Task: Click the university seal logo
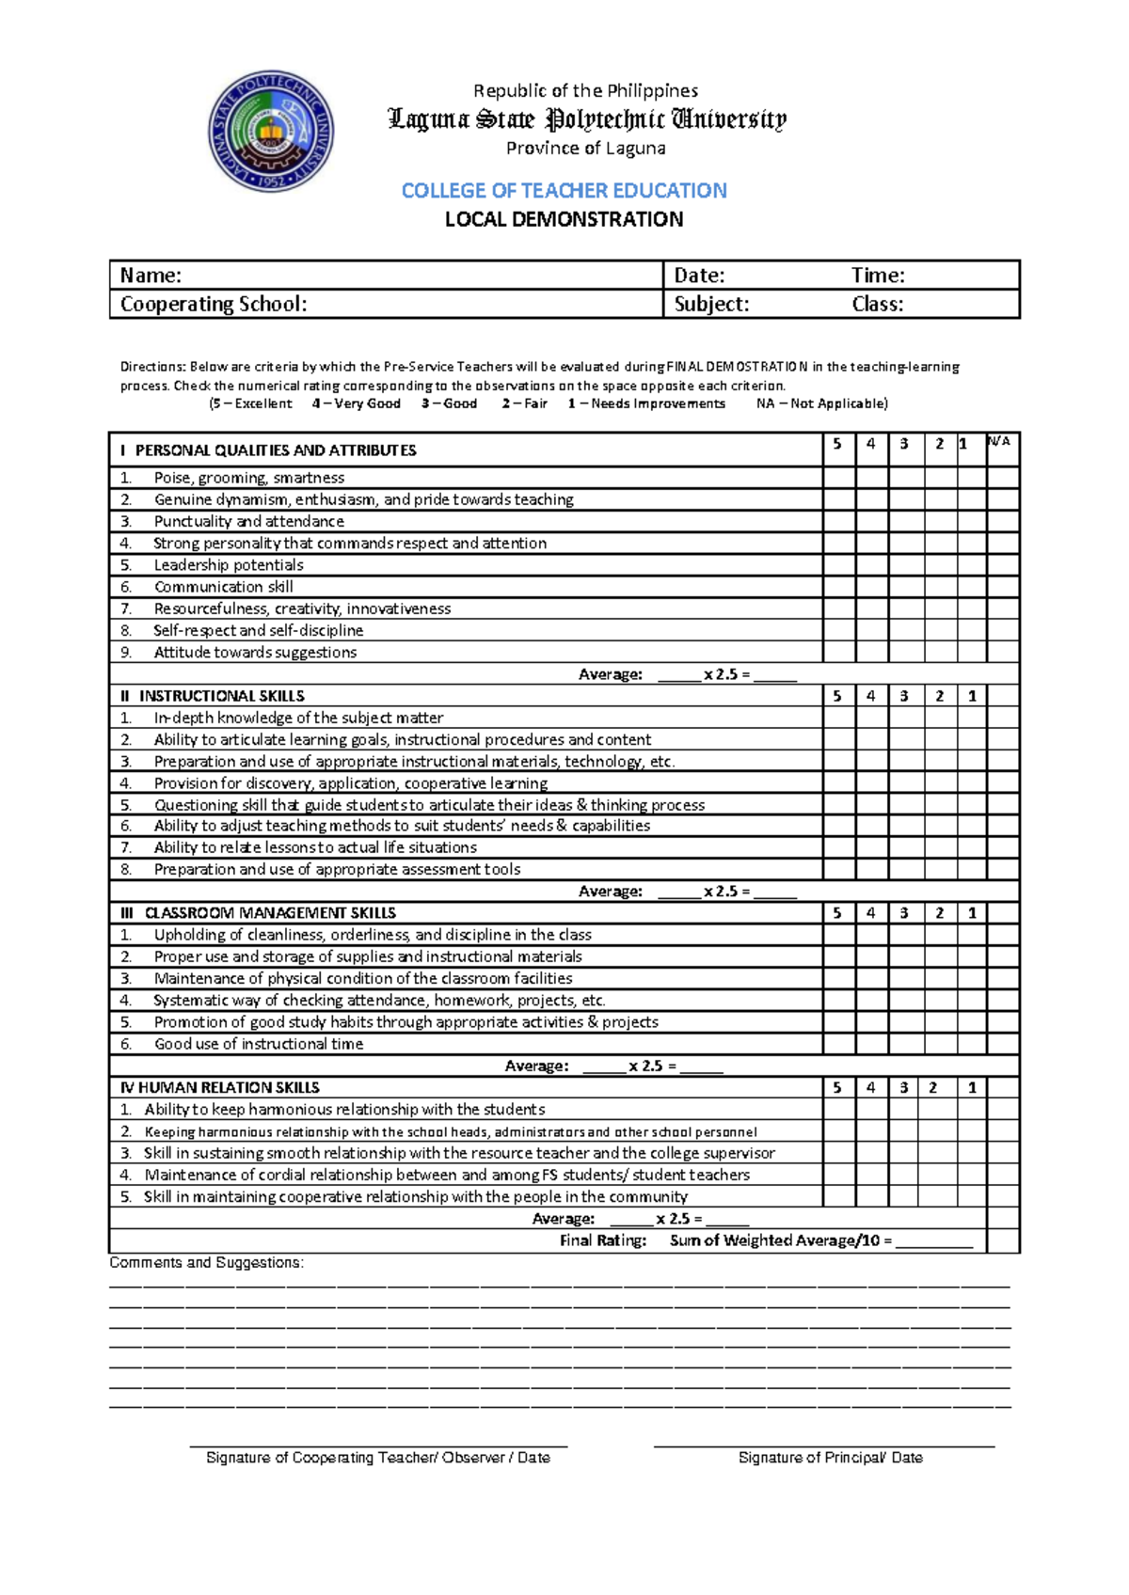tap(271, 132)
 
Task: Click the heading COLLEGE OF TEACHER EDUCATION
tap(564, 191)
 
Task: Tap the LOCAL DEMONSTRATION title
tap(564, 219)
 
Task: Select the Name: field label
tap(151, 276)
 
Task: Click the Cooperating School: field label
tap(214, 304)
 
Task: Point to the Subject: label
tap(711, 304)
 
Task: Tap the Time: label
tap(878, 276)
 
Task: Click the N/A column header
tap(999, 442)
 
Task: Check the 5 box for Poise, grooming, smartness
tap(838, 478)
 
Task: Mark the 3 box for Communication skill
tap(905, 587)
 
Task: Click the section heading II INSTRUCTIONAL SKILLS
tap(213, 696)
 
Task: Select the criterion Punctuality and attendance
tap(248, 521)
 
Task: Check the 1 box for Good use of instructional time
tap(972, 1044)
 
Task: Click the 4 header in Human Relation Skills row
tap(871, 1087)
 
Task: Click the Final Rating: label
tap(603, 1240)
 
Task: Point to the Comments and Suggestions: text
tap(206, 1262)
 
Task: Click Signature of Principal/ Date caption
tap(830, 1458)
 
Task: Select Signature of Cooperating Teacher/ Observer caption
tap(377, 1458)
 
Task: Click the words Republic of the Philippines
tap(585, 91)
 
